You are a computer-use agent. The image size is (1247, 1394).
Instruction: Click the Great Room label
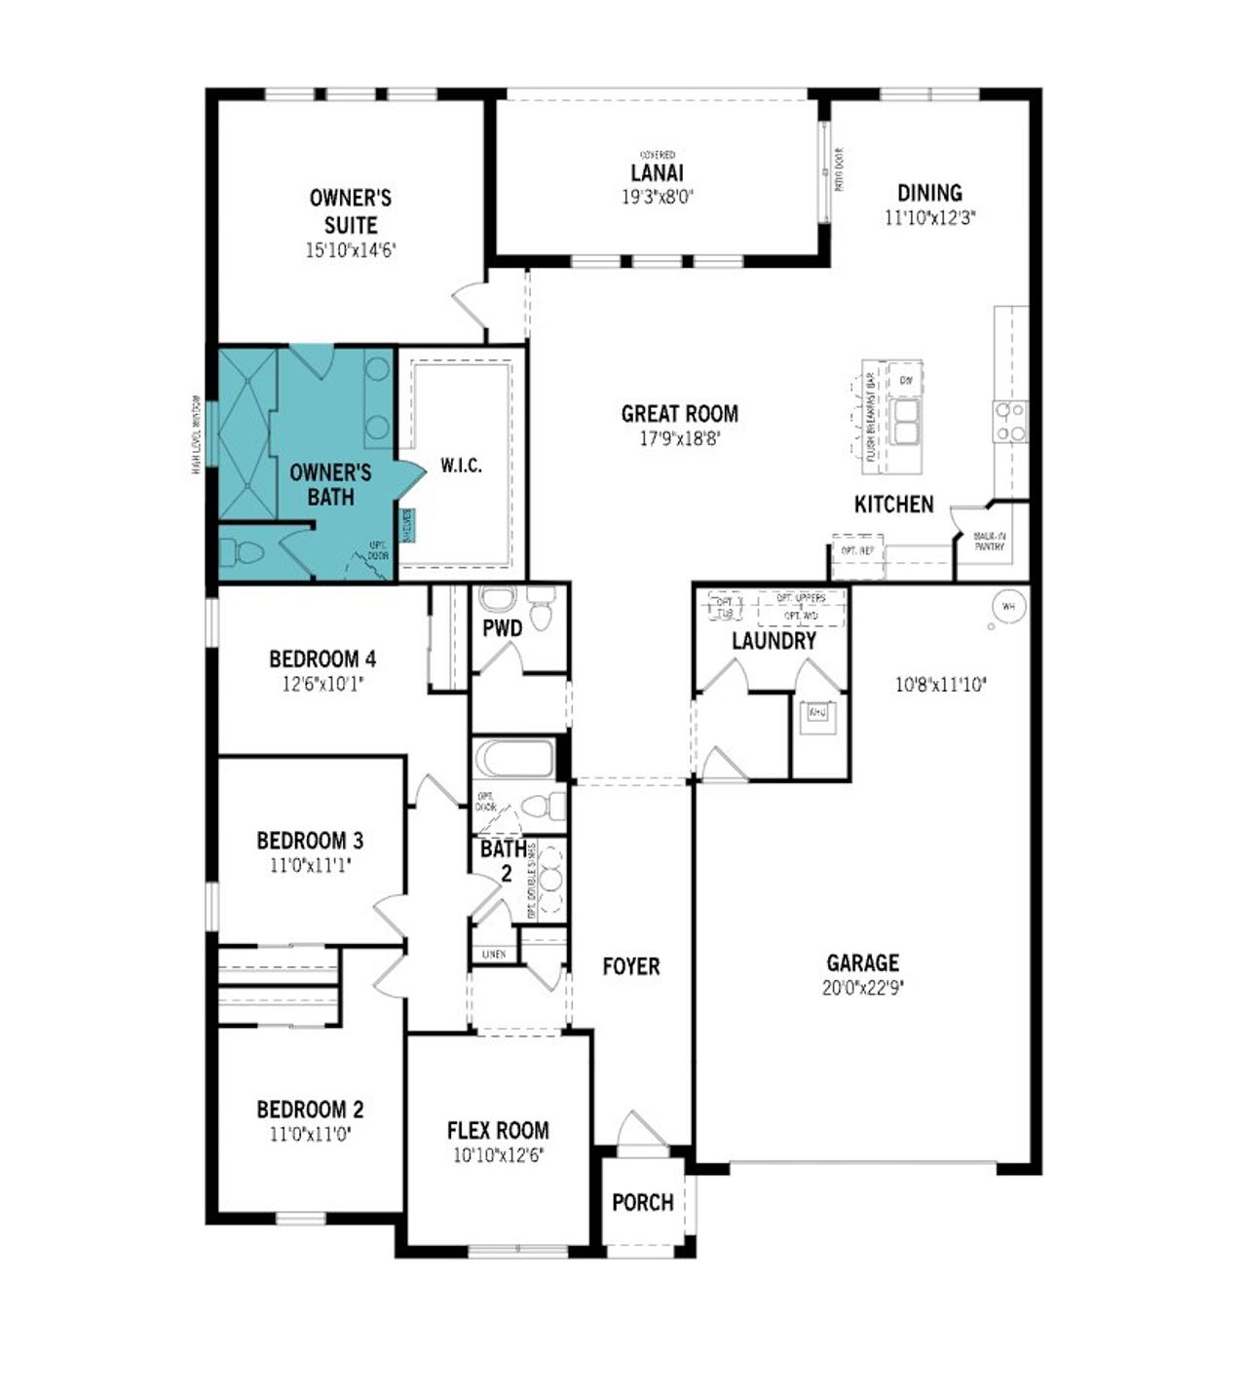(x=679, y=414)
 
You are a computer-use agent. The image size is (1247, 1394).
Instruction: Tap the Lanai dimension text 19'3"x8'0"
(x=658, y=196)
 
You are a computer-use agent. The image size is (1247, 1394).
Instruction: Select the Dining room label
(x=929, y=193)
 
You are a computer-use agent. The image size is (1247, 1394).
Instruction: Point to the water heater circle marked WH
(x=1007, y=607)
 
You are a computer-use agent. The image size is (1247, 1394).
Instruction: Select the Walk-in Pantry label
(x=989, y=542)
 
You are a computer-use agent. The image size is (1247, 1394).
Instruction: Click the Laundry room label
(x=774, y=641)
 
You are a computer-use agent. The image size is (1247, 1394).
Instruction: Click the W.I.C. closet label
(x=461, y=466)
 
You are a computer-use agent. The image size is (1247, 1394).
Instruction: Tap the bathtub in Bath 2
(x=513, y=759)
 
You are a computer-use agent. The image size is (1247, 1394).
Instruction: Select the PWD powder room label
(x=502, y=628)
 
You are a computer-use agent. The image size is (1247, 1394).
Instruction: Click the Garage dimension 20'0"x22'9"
(x=862, y=987)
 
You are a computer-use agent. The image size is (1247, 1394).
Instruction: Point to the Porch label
(x=642, y=1202)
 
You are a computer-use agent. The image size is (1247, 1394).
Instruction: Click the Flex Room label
(x=498, y=1130)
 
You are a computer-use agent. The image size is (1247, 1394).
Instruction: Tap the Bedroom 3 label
(x=310, y=840)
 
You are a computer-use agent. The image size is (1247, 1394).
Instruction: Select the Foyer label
(x=630, y=966)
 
